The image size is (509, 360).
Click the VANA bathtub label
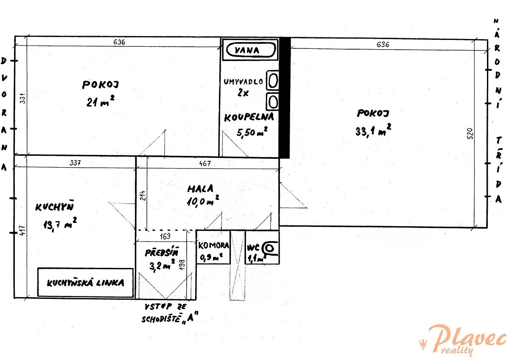click(x=247, y=50)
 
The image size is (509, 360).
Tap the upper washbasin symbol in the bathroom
click(x=273, y=81)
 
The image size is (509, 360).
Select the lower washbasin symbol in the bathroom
click(x=273, y=101)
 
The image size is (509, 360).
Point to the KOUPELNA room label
click(x=249, y=117)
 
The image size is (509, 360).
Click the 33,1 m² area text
click(x=373, y=130)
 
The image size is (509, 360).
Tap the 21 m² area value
click(x=100, y=101)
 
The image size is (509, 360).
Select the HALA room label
click(x=200, y=188)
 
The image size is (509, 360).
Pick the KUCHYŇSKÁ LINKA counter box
click(x=85, y=282)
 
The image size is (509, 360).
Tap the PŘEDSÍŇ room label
click(x=162, y=252)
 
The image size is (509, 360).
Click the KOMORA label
click(x=214, y=245)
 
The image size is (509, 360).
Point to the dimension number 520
click(x=470, y=134)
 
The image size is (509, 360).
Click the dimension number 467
click(x=205, y=163)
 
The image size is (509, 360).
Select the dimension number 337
click(x=75, y=163)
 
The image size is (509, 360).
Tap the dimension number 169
click(x=165, y=236)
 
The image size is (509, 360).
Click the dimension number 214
click(x=143, y=196)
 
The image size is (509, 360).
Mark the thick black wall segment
click(x=285, y=98)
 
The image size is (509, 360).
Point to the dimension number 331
click(x=23, y=98)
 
